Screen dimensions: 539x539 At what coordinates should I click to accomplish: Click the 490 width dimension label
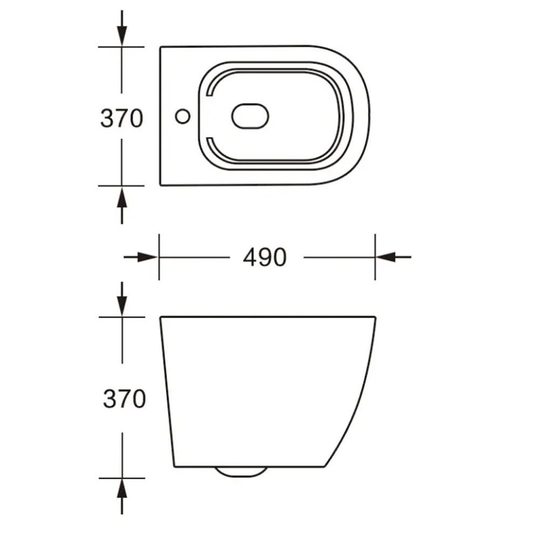tap(264, 257)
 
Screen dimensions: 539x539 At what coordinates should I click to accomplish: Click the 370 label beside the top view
tap(121, 118)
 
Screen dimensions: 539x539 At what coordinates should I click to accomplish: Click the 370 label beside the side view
tap(125, 399)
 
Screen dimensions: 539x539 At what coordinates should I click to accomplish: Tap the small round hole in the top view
tap(183, 116)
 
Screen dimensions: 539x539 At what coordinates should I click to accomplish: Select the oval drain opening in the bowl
tap(250, 116)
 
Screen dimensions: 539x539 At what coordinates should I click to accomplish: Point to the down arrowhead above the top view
tap(122, 36)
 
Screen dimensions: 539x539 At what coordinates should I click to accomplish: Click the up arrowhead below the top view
tap(122, 197)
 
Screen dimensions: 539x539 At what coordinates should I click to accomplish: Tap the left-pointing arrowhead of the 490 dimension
tap(386, 257)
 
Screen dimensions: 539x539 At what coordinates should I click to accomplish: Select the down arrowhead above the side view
tap(122, 306)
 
